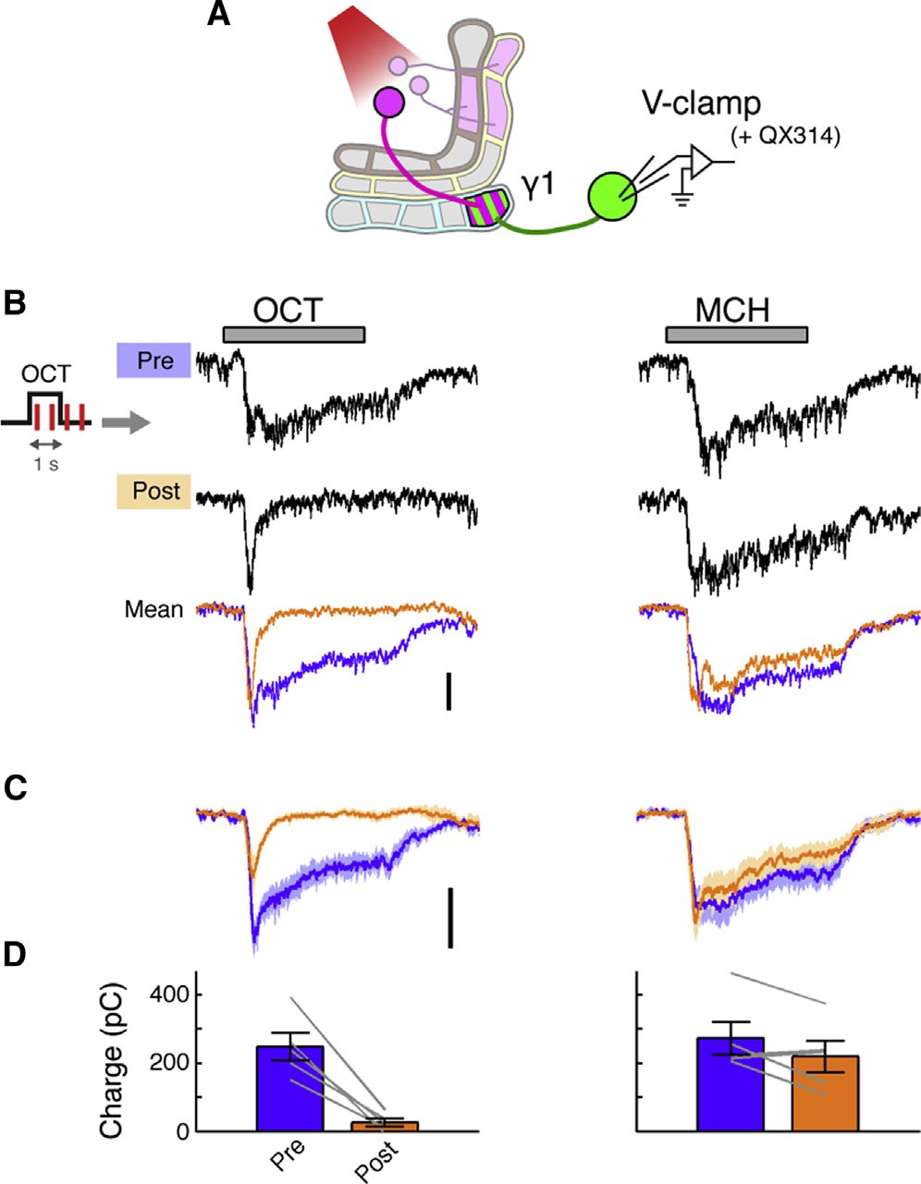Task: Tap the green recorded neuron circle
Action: [612, 197]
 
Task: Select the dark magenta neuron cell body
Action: [389, 102]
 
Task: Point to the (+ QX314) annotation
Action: [785, 136]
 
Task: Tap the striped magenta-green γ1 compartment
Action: [489, 206]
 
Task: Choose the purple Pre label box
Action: [153, 360]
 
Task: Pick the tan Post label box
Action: [153, 491]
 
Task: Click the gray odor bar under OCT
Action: [294, 335]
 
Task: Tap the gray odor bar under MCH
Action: [737, 335]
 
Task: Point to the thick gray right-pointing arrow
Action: [126, 422]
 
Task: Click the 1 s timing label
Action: [46, 465]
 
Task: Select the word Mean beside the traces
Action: [153, 609]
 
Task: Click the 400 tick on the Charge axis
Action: [169, 995]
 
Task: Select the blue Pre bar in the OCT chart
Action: [290, 1088]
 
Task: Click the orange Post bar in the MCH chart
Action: [825, 1093]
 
